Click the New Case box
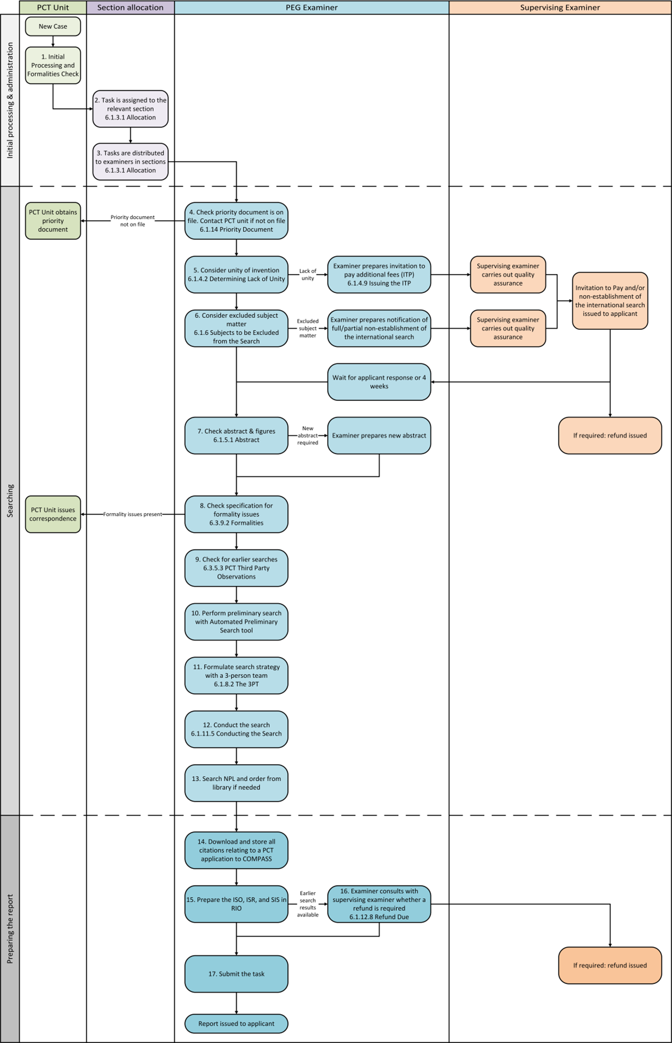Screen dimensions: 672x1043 coord(53,26)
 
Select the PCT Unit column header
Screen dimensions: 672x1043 coord(53,7)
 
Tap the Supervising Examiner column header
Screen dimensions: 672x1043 coord(560,7)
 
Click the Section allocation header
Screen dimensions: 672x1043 coord(131,7)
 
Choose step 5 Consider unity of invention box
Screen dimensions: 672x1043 coord(236,275)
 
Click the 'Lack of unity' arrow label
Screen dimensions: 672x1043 coord(308,275)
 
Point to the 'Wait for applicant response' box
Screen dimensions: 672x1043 coord(379,382)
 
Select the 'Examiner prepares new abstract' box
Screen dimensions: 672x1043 coord(379,436)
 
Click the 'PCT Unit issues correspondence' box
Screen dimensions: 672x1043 coord(53,514)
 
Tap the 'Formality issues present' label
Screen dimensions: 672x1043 coord(133,514)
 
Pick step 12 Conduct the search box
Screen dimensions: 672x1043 coord(236,729)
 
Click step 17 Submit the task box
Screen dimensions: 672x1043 coord(236,974)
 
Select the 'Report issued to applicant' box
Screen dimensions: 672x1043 coord(236,1024)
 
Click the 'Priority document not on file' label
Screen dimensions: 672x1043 coord(133,221)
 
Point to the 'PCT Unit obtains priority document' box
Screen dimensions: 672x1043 coord(53,221)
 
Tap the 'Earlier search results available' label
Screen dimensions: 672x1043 coord(308,904)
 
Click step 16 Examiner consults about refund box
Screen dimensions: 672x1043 coord(379,904)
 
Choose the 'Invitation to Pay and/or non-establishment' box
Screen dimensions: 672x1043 coord(610,301)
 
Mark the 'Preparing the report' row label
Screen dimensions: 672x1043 coord(10,929)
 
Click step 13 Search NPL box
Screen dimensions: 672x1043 coord(236,783)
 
